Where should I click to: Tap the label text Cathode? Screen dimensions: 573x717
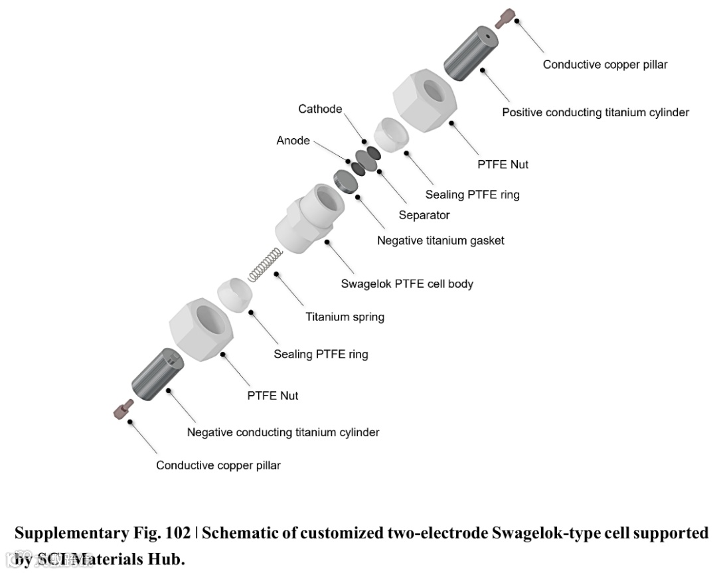(320, 109)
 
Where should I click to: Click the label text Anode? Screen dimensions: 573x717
(293, 141)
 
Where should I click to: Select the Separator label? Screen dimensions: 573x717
(424, 215)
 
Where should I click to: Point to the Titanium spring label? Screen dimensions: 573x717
(345, 317)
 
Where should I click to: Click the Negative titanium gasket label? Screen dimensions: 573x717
(440, 240)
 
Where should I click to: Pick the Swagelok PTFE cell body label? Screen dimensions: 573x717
(407, 284)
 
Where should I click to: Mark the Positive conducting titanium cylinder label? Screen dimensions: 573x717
(595, 112)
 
